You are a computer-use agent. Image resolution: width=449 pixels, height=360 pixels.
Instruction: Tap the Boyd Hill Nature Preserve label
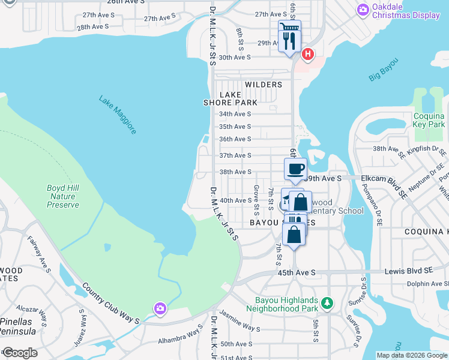click(63, 196)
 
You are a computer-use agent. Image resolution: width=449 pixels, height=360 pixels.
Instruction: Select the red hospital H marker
click(307, 55)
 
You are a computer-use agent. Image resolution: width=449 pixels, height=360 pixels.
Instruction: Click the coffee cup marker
click(295, 169)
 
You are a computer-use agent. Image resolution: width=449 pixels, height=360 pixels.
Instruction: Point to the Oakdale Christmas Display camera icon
click(362, 9)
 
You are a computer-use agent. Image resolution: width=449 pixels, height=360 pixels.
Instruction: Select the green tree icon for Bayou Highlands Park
click(327, 302)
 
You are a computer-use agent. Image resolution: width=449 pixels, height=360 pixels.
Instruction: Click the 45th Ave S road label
click(297, 272)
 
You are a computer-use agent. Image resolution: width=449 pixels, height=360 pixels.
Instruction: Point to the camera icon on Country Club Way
click(160, 308)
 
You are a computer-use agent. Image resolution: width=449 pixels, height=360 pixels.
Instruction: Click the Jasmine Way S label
click(240, 324)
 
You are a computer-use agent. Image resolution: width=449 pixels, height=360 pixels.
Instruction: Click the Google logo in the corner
click(20, 353)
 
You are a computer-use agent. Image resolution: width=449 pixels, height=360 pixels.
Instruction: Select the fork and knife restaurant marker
click(288, 40)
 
